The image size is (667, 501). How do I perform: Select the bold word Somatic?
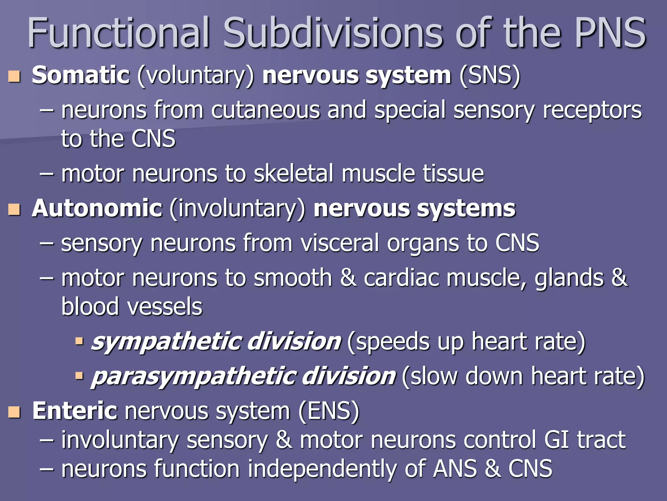click(x=81, y=75)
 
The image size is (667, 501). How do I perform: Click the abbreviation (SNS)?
click(x=490, y=75)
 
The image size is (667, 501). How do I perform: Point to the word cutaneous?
click(x=265, y=110)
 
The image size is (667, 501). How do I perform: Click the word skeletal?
click(x=293, y=174)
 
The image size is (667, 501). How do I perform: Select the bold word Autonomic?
click(x=97, y=208)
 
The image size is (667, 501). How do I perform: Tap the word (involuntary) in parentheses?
click(x=237, y=209)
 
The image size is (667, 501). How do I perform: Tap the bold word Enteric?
click(x=75, y=411)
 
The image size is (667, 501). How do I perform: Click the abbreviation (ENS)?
click(x=329, y=411)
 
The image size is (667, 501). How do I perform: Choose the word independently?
click(x=322, y=469)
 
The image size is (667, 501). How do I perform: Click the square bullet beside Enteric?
click(x=14, y=412)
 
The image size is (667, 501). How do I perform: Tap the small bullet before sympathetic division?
click(x=79, y=341)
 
